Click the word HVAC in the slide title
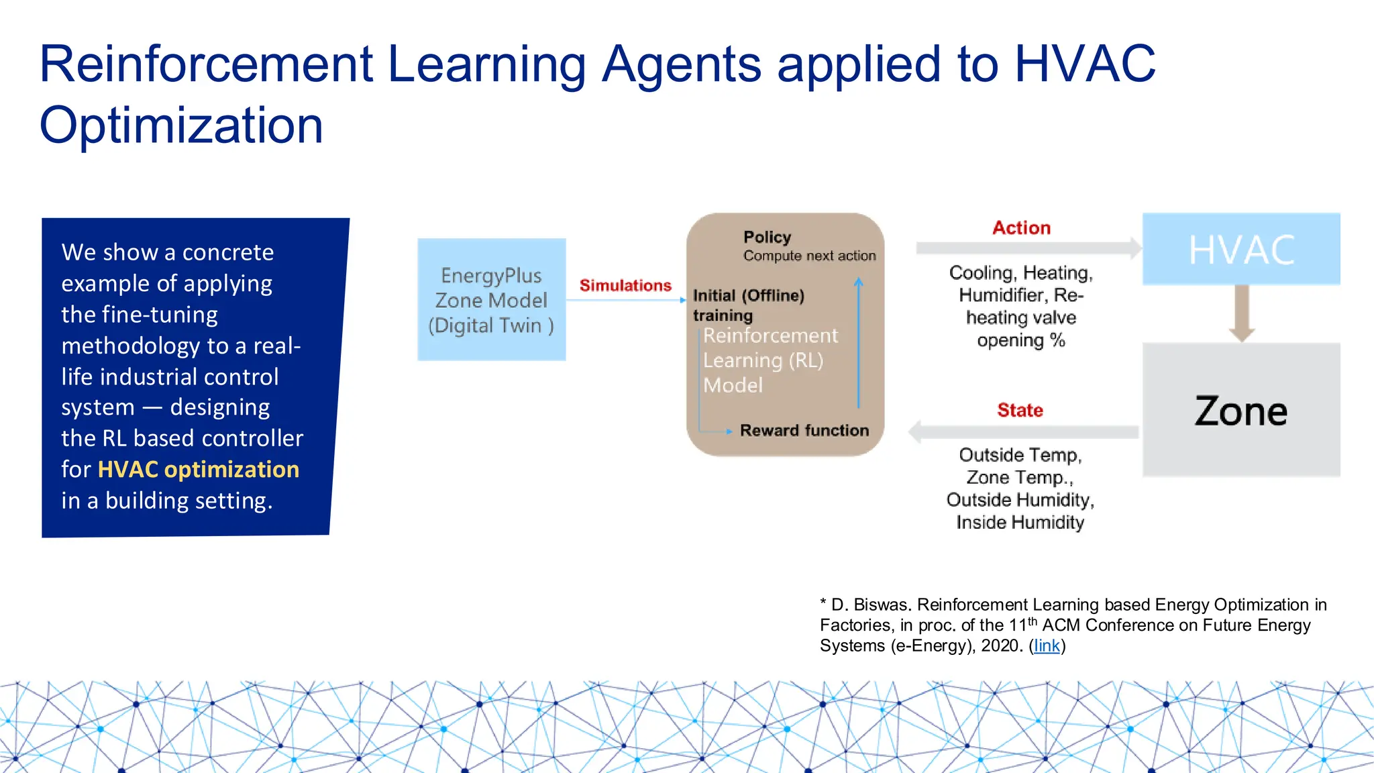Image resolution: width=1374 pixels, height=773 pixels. pyautogui.click(x=1085, y=64)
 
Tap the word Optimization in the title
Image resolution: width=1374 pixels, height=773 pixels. pyautogui.click(x=181, y=125)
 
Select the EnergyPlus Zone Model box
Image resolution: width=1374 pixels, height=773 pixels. pyautogui.click(x=491, y=300)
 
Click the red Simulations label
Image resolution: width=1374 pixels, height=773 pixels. pyautogui.click(x=625, y=285)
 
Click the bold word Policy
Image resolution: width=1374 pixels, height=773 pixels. pyautogui.click(x=767, y=237)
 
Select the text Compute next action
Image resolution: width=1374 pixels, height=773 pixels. pyautogui.click(x=809, y=256)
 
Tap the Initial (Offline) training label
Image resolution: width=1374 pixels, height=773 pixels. pyautogui.click(x=747, y=305)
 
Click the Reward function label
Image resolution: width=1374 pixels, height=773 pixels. pyautogui.click(x=804, y=430)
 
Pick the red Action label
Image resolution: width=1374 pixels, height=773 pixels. pyautogui.click(x=1021, y=227)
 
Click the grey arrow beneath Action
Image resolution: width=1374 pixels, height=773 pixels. pyautogui.click(x=1027, y=248)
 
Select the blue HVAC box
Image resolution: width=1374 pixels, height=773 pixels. pyautogui.click(x=1241, y=250)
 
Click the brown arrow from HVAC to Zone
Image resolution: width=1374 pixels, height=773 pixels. pyautogui.click(x=1242, y=313)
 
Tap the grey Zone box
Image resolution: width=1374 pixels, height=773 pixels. pyautogui.click(x=1241, y=410)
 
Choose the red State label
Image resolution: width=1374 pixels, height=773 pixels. pyautogui.click(x=1020, y=410)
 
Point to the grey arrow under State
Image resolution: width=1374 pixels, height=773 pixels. pyautogui.click(x=1023, y=432)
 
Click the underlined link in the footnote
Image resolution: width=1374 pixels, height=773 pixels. pyautogui.click(x=1047, y=646)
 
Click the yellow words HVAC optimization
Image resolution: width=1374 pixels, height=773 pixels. pyautogui.click(x=198, y=469)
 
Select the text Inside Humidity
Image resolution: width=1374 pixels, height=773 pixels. pyautogui.click(x=1020, y=522)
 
